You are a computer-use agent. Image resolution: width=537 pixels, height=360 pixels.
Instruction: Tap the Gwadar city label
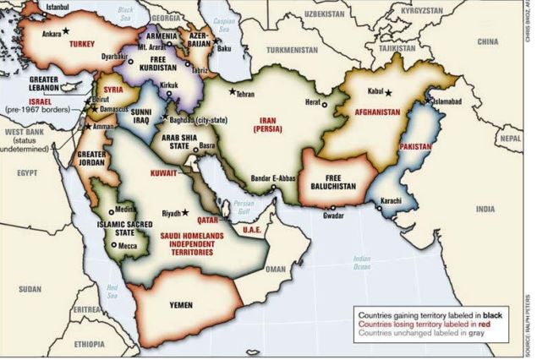pos(334,215)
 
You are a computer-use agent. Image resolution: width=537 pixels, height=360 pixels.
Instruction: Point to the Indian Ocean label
pos(362,262)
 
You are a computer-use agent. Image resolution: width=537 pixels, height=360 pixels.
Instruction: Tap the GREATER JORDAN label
pos(92,160)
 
